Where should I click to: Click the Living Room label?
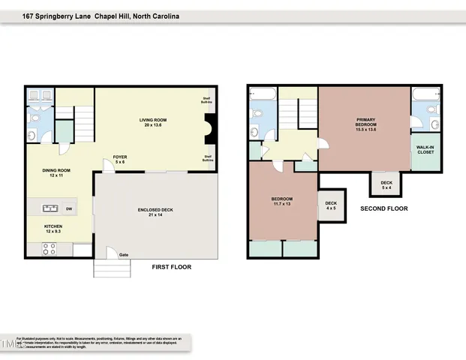[152, 123]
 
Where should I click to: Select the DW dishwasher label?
[68, 208]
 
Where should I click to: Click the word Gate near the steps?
[123, 255]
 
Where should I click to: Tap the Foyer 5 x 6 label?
[119, 159]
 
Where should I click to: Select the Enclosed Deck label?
[156, 212]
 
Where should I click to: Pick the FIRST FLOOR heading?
[172, 267]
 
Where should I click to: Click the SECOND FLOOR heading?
[384, 208]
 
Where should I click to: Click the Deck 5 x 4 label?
[386, 184]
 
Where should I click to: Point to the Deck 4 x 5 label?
[331, 205]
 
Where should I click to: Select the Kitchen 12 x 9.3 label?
[53, 229]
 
